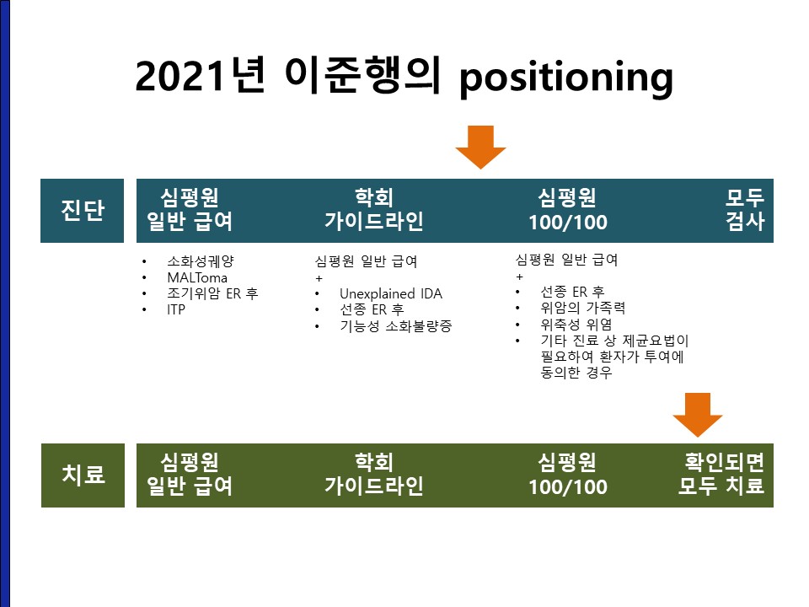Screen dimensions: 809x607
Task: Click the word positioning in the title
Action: coord(566,78)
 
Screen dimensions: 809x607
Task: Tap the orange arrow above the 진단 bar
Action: coord(481,147)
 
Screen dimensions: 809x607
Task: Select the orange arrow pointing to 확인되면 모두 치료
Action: coord(698,415)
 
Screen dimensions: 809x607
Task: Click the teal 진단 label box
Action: coord(82,211)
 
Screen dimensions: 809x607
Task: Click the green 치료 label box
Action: coord(83,475)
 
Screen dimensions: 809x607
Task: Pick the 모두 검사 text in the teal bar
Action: coord(744,210)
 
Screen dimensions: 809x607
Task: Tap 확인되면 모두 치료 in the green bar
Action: coord(721,474)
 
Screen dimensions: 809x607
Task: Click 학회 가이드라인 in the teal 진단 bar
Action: coord(374,210)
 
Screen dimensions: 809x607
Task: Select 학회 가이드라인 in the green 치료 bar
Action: coord(374,474)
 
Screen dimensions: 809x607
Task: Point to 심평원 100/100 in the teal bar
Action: coord(567,210)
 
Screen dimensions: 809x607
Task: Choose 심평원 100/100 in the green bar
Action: coord(567,474)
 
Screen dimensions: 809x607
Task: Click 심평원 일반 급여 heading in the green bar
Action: coord(190,474)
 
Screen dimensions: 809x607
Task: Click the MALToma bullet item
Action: coord(197,277)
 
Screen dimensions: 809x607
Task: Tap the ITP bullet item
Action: coord(176,309)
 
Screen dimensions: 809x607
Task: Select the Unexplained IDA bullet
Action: coord(390,293)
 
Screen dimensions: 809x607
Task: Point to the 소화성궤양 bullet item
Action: coord(201,261)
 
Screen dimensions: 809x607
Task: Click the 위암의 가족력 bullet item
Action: coord(582,309)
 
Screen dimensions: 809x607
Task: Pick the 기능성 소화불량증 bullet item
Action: coord(395,326)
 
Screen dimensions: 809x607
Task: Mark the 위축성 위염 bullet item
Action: coord(576,325)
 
